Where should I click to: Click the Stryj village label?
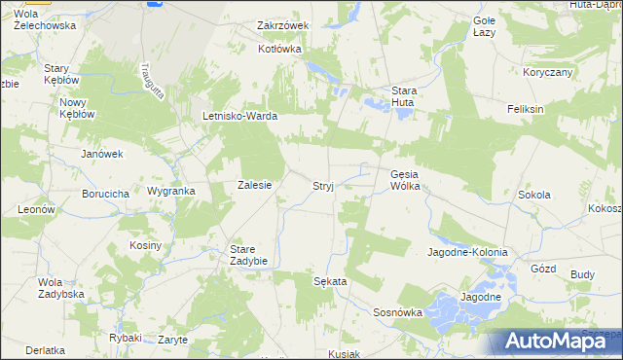[323, 185]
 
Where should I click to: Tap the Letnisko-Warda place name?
[239, 116]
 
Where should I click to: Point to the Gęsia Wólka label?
[404, 180]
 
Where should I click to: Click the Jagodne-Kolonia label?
[467, 252]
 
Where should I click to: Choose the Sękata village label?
[330, 280]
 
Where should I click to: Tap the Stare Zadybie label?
[248, 254]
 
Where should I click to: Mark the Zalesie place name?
[254, 185]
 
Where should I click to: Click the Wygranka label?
[171, 191]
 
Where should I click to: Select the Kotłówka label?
[279, 48]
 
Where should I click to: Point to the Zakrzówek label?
[282, 25]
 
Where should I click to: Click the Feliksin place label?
[525, 109]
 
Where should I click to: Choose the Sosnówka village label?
[398, 312]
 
